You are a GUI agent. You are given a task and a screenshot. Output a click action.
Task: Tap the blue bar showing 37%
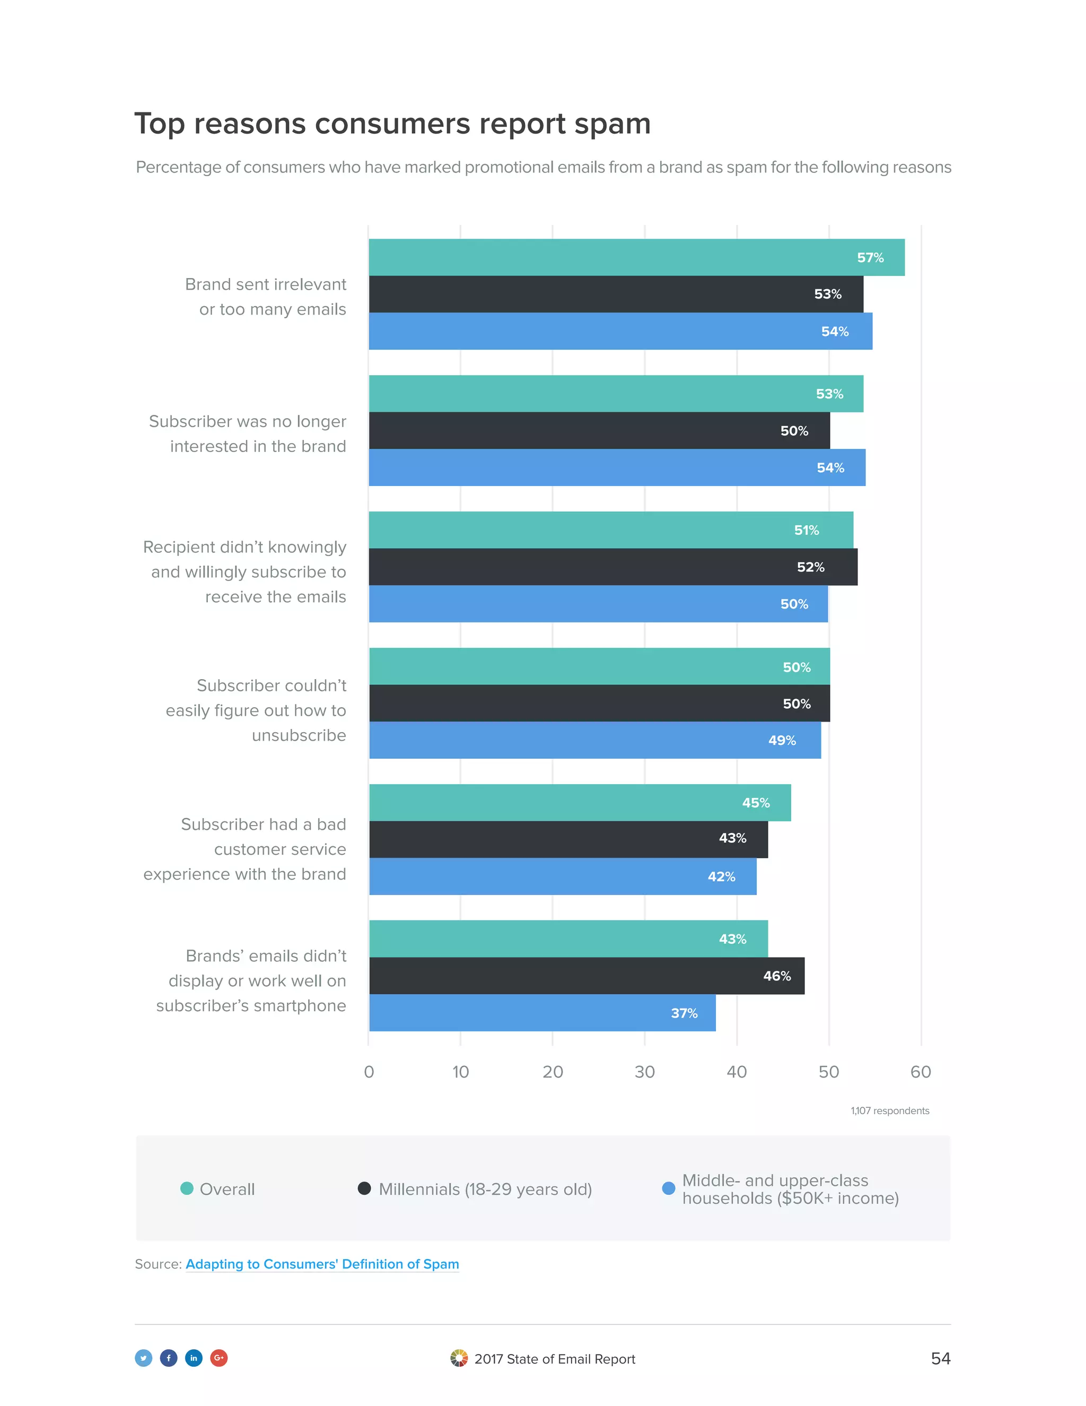542,1013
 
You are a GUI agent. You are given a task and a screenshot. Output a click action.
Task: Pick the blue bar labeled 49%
594,740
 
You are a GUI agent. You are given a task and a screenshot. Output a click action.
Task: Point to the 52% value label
810,567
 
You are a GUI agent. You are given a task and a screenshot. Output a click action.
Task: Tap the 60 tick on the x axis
920,1072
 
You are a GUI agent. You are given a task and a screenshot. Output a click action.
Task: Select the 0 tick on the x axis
369,1072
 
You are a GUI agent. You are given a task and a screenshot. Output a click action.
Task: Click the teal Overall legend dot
187,1188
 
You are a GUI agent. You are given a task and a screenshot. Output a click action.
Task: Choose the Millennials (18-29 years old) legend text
485,1189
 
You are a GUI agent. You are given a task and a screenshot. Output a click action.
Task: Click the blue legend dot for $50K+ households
669,1188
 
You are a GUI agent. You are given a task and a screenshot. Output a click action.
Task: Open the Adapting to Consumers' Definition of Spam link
322,1264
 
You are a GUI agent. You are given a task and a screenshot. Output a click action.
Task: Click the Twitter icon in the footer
144,1358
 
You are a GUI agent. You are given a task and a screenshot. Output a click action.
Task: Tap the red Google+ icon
219,1358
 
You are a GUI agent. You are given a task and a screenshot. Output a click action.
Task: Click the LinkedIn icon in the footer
194,1358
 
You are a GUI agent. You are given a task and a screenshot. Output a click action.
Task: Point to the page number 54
940,1358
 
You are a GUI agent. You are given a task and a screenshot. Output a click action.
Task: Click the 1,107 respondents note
889,1110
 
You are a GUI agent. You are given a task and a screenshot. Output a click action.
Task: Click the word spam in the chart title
612,124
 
